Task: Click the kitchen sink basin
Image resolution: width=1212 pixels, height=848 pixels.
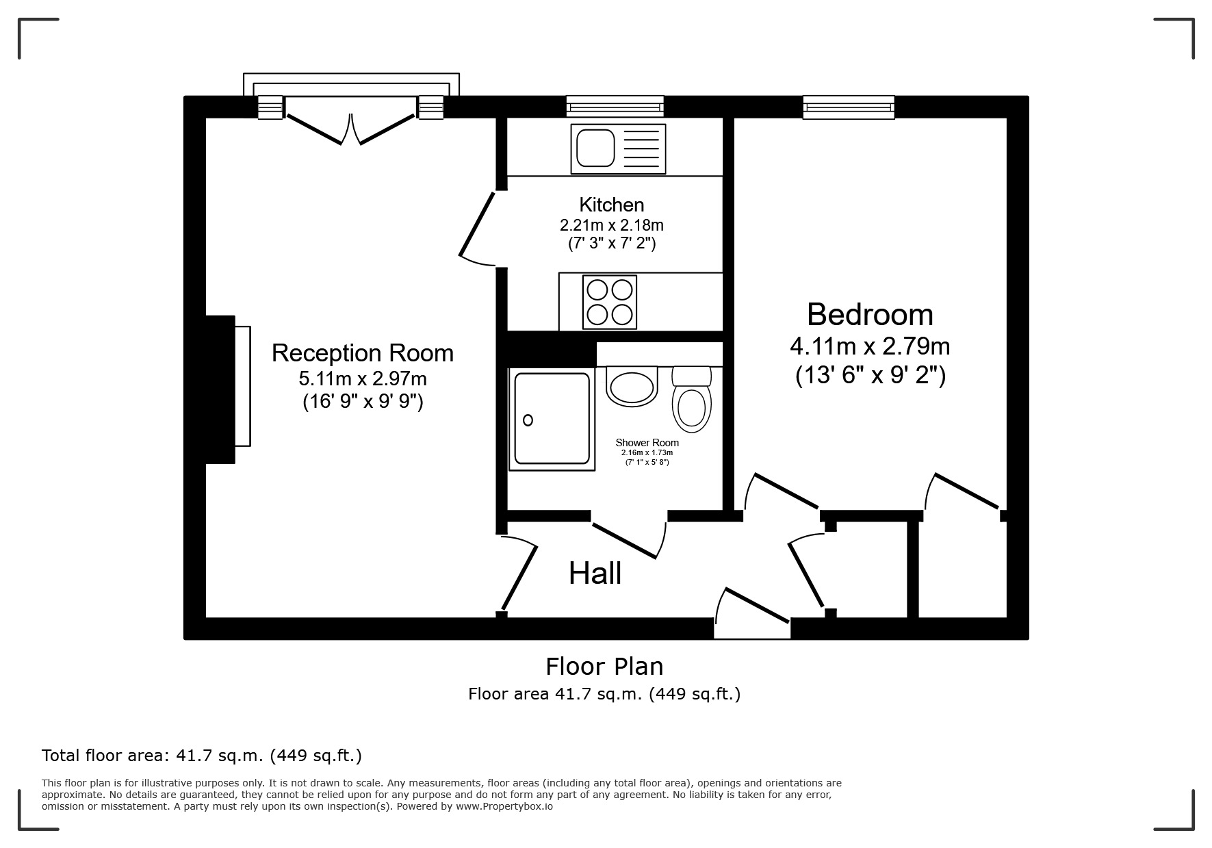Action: (x=595, y=148)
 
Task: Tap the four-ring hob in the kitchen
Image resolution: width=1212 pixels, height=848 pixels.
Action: (x=610, y=302)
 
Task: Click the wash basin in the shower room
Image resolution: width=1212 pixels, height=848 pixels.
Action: (x=632, y=387)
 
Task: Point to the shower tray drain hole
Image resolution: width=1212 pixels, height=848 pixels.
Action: (x=528, y=420)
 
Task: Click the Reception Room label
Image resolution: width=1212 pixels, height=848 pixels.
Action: (x=362, y=353)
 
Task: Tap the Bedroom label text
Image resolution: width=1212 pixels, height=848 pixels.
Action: (x=869, y=315)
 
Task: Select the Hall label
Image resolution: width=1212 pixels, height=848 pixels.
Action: (x=595, y=574)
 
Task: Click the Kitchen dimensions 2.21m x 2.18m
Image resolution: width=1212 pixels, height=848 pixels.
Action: (x=611, y=224)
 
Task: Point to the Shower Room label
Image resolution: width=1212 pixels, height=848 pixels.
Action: (x=647, y=443)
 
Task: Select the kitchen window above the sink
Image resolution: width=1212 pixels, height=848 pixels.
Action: (x=615, y=107)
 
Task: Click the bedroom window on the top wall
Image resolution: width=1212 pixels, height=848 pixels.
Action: (x=849, y=107)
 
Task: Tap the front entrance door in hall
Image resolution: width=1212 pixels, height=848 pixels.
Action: (x=753, y=606)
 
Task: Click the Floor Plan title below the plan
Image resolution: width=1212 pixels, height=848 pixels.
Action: (x=604, y=666)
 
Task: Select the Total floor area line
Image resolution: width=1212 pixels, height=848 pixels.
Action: (x=201, y=756)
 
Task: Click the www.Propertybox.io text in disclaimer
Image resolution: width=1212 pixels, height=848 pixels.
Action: (x=504, y=806)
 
